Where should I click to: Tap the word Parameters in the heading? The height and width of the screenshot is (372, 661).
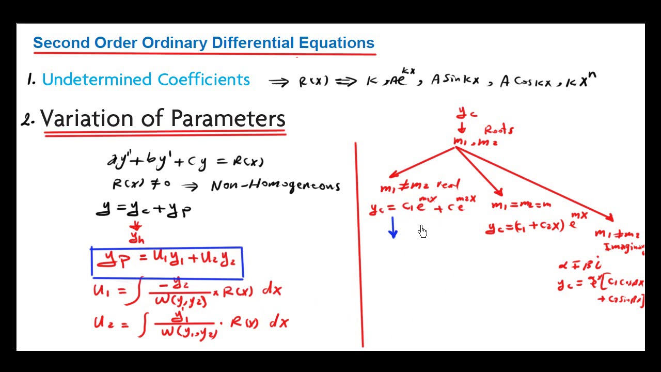tap(228, 118)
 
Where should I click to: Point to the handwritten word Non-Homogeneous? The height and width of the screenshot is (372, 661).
tap(275, 185)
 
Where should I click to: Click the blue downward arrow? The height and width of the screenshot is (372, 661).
tap(393, 228)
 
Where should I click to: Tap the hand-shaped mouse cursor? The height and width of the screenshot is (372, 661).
tap(423, 231)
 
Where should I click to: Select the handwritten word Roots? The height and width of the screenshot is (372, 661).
tap(498, 130)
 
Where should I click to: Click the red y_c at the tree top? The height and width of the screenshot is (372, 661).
tap(466, 113)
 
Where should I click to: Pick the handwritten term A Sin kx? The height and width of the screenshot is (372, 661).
tap(455, 81)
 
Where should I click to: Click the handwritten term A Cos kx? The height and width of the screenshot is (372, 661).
tap(525, 82)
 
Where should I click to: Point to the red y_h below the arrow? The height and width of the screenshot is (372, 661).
tap(137, 238)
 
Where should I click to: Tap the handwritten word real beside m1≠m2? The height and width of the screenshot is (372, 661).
tap(448, 184)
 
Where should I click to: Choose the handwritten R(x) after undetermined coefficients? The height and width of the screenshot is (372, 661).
tap(313, 82)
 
